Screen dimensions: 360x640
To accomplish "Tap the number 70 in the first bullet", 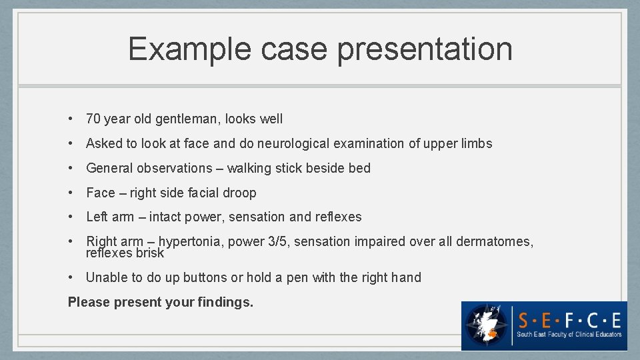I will click(93, 119).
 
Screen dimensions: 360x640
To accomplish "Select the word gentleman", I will click(187, 119).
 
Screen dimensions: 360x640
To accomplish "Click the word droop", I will click(239, 193).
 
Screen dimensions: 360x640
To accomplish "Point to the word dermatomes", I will click(494, 241).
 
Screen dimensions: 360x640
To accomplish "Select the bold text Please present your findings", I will click(161, 302).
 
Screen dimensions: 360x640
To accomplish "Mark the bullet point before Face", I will click(71, 193).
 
